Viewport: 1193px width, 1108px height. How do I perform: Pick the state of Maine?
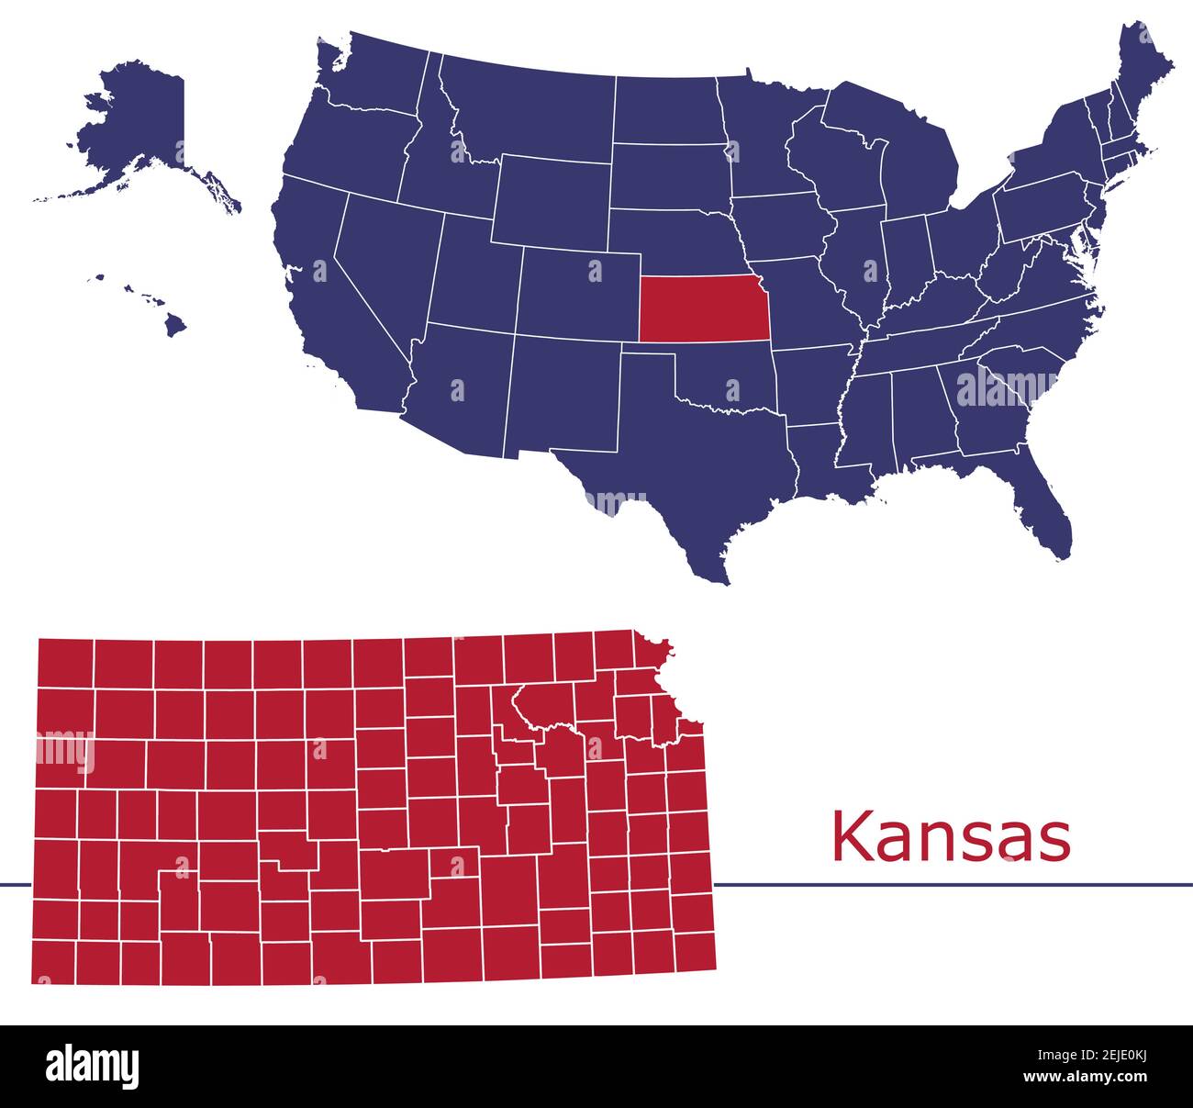1143,73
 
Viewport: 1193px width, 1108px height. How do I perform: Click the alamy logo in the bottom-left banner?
93,1066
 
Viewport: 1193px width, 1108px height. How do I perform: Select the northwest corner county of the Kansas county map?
65,662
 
